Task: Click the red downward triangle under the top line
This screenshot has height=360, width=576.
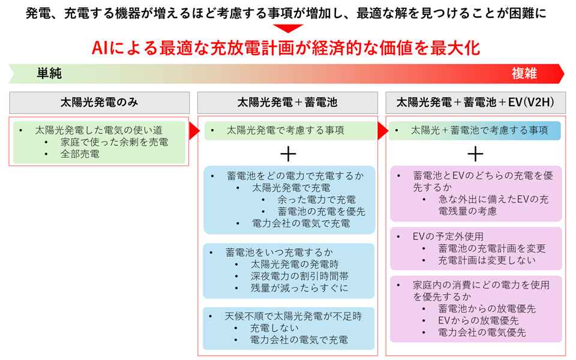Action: click(288, 28)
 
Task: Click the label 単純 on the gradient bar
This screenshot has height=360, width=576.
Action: click(49, 73)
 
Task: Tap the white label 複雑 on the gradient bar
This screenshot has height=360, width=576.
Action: click(524, 73)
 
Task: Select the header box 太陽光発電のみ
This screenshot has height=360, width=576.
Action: click(99, 103)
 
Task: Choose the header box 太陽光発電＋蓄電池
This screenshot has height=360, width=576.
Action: click(287, 103)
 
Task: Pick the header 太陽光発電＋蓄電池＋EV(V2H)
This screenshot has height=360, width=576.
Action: click(475, 103)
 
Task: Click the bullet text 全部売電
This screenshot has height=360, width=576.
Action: click(80, 154)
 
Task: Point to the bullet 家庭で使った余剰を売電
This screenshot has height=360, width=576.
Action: click(114, 142)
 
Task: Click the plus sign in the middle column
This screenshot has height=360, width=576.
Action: click(288, 154)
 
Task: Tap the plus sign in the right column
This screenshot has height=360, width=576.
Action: click(475, 154)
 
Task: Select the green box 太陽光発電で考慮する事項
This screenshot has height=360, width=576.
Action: click(290, 130)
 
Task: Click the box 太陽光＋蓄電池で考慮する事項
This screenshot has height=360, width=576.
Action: click(475, 130)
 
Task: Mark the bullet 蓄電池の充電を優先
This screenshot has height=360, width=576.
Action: click(322, 212)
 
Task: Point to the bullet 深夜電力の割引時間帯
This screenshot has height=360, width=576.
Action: click(300, 276)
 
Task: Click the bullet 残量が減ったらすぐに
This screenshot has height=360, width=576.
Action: click(299, 288)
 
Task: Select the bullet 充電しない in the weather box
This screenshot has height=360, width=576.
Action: click(274, 328)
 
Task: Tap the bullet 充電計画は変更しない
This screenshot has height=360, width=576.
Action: click(487, 260)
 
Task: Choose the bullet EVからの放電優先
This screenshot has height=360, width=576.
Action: click(478, 320)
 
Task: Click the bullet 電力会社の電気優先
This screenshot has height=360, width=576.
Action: click(482, 333)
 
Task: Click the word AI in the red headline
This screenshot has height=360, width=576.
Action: click(99, 48)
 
